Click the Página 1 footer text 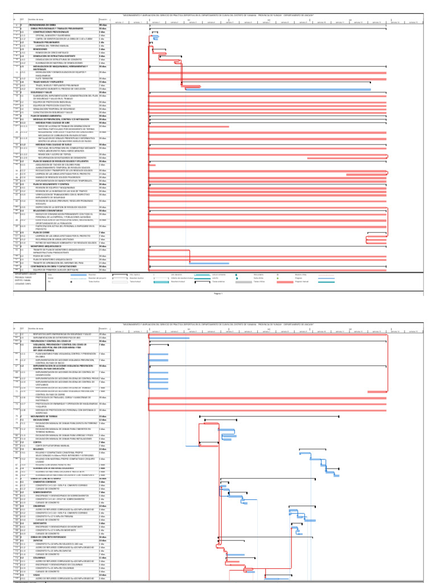coord(217,293)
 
